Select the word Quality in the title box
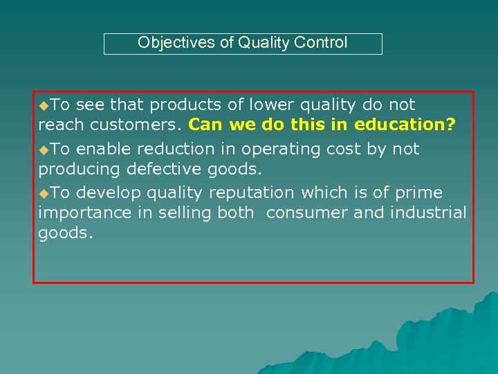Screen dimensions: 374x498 pyautogui.click(x=264, y=43)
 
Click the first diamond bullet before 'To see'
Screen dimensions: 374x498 pyautogui.click(x=44, y=105)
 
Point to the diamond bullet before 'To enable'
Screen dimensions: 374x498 pyautogui.click(x=44, y=150)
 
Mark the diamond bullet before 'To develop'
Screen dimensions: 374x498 pyautogui.click(x=44, y=193)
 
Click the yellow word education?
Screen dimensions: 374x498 pyautogui.click(x=405, y=126)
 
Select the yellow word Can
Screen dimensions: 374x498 pyautogui.click(x=203, y=126)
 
